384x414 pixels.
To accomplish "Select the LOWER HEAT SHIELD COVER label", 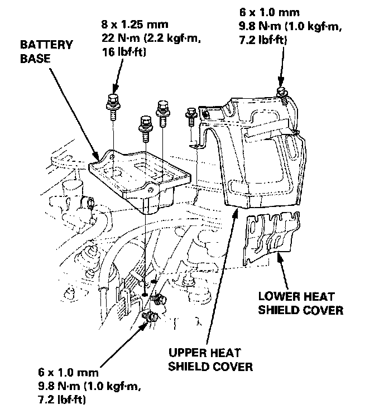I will coord(300,303).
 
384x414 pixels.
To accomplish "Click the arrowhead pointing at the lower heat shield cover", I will coord(280,254).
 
